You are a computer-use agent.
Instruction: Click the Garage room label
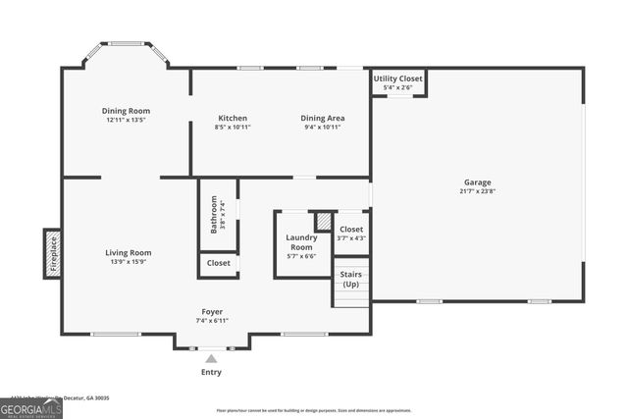tap(478, 183)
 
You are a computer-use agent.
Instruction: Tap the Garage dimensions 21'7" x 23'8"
tap(478, 191)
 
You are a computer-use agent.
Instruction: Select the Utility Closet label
tap(397, 79)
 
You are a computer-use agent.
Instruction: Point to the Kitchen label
tap(233, 118)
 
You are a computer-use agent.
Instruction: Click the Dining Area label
tap(322, 118)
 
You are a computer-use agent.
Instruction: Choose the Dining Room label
tap(126, 111)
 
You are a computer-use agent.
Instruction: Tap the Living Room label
tap(129, 252)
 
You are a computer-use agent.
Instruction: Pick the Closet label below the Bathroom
tap(219, 263)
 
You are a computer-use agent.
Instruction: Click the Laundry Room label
tap(301, 242)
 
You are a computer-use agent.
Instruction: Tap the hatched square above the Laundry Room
tap(324, 221)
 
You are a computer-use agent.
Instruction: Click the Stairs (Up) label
tap(350, 279)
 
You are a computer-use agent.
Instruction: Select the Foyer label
tap(212, 312)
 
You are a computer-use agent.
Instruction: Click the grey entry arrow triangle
tap(211, 358)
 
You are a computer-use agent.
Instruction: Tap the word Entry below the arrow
tap(211, 372)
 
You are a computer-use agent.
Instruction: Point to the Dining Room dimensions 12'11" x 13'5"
tap(126, 120)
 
